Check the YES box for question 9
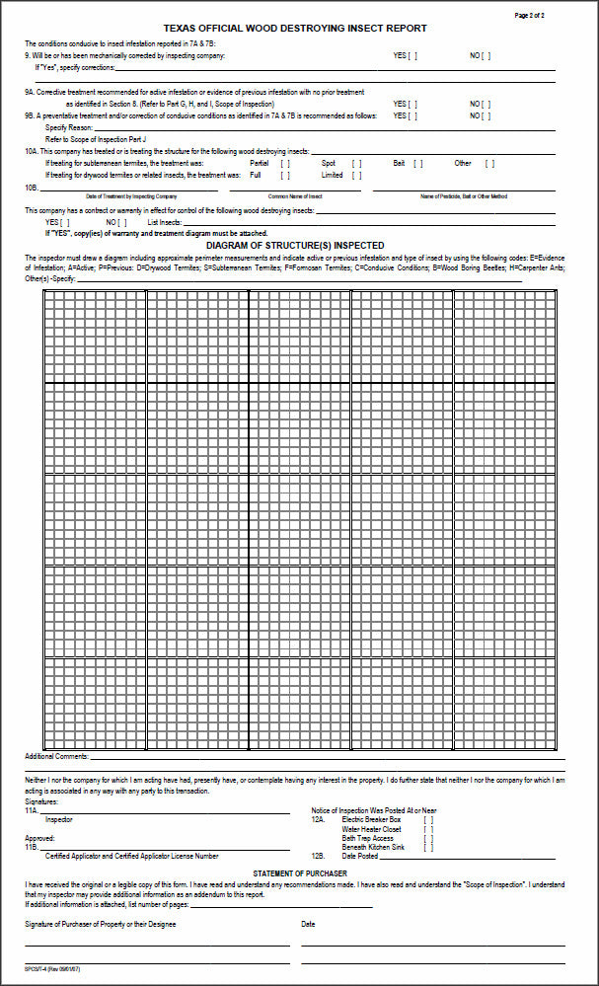pos(412,56)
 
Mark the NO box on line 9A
pos(486,104)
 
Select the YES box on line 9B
pos(412,115)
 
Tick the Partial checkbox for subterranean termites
pos(285,163)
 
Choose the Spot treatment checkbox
pos(356,163)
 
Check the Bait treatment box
pos(418,163)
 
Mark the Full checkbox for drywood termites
pos(285,175)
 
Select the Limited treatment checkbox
pos(356,175)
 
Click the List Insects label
pos(165,222)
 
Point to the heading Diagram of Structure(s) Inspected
pos(295,244)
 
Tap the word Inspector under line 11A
pos(59,819)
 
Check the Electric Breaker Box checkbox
pos(427,819)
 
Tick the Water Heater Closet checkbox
pos(427,829)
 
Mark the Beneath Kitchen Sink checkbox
pos(427,847)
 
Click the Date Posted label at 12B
pos(360,856)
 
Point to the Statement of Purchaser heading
pos(299,873)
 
